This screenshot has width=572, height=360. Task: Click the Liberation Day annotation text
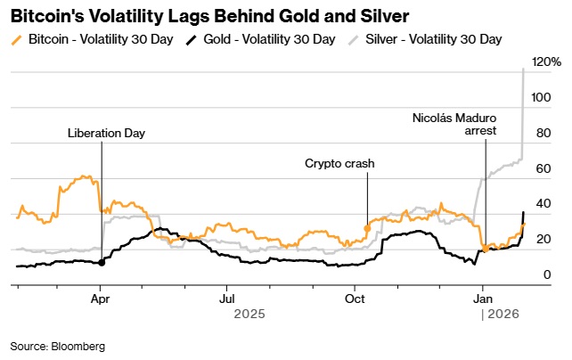(106, 134)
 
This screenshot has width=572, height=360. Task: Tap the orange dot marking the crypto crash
(367, 229)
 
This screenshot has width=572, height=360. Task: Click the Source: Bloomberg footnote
(58, 346)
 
